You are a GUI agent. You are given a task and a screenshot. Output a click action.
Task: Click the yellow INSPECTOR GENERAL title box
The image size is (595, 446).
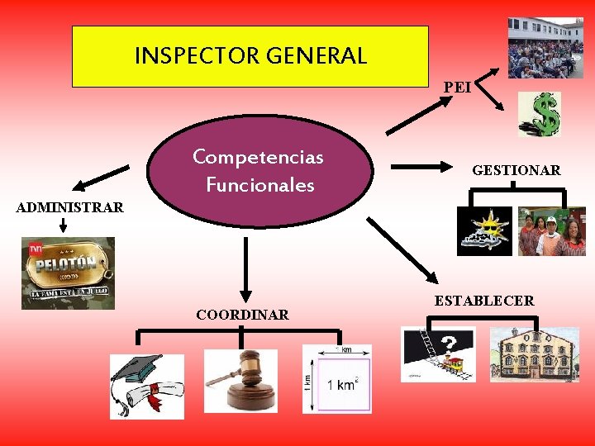250,56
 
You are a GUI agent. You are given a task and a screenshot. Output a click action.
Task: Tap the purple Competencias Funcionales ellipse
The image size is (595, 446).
258,170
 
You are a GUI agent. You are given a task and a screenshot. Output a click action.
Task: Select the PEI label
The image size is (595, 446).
457,86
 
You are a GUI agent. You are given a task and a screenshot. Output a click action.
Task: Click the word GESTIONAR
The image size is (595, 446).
516,171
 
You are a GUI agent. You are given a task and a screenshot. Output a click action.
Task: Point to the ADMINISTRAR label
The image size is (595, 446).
70,207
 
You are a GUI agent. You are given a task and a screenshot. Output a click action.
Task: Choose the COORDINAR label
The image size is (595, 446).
242,315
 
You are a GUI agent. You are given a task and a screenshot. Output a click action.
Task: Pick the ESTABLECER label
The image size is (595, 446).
484,301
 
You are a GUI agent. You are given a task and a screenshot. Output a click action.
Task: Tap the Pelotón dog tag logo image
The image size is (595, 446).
68,273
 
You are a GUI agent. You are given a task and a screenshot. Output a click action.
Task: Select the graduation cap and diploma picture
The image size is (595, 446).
147,386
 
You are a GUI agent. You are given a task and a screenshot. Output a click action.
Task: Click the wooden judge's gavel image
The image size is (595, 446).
240,380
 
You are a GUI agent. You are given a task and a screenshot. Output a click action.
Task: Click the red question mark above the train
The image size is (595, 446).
450,343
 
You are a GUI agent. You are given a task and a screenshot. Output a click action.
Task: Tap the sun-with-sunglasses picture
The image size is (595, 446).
485,231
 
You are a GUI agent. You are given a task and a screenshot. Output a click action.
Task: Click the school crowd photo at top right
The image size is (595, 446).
545,48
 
